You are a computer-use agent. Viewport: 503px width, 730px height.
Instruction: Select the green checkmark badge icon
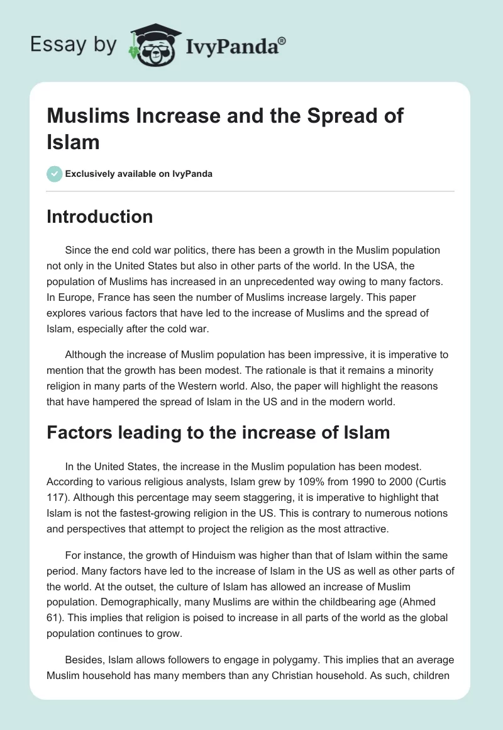54,174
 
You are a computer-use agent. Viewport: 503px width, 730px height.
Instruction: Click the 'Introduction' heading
100,216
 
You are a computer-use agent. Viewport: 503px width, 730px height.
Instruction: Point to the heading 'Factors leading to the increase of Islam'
218,432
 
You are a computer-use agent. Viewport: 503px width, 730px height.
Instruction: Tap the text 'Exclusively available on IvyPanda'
139,174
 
